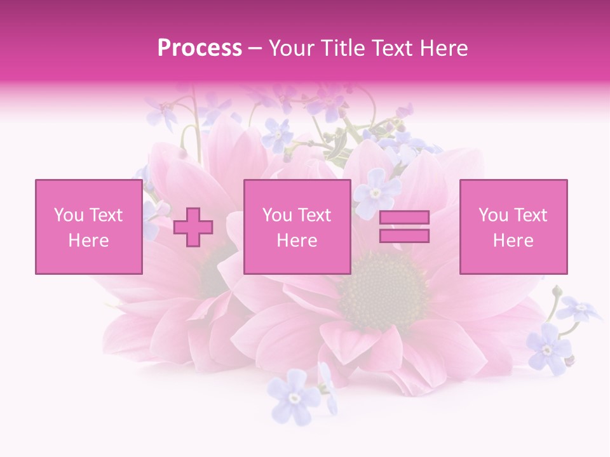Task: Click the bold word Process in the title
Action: point(200,48)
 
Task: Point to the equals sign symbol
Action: point(404,227)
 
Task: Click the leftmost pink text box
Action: point(88,227)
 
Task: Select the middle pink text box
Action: point(297,227)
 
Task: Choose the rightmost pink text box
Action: point(513,227)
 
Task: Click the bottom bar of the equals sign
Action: point(404,235)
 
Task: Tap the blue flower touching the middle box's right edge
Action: point(375,192)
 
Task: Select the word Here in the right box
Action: point(513,241)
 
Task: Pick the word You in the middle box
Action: point(277,215)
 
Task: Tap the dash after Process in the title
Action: point(255,48)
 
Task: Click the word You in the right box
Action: point(493,215)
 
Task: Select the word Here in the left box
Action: point(88,241)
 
